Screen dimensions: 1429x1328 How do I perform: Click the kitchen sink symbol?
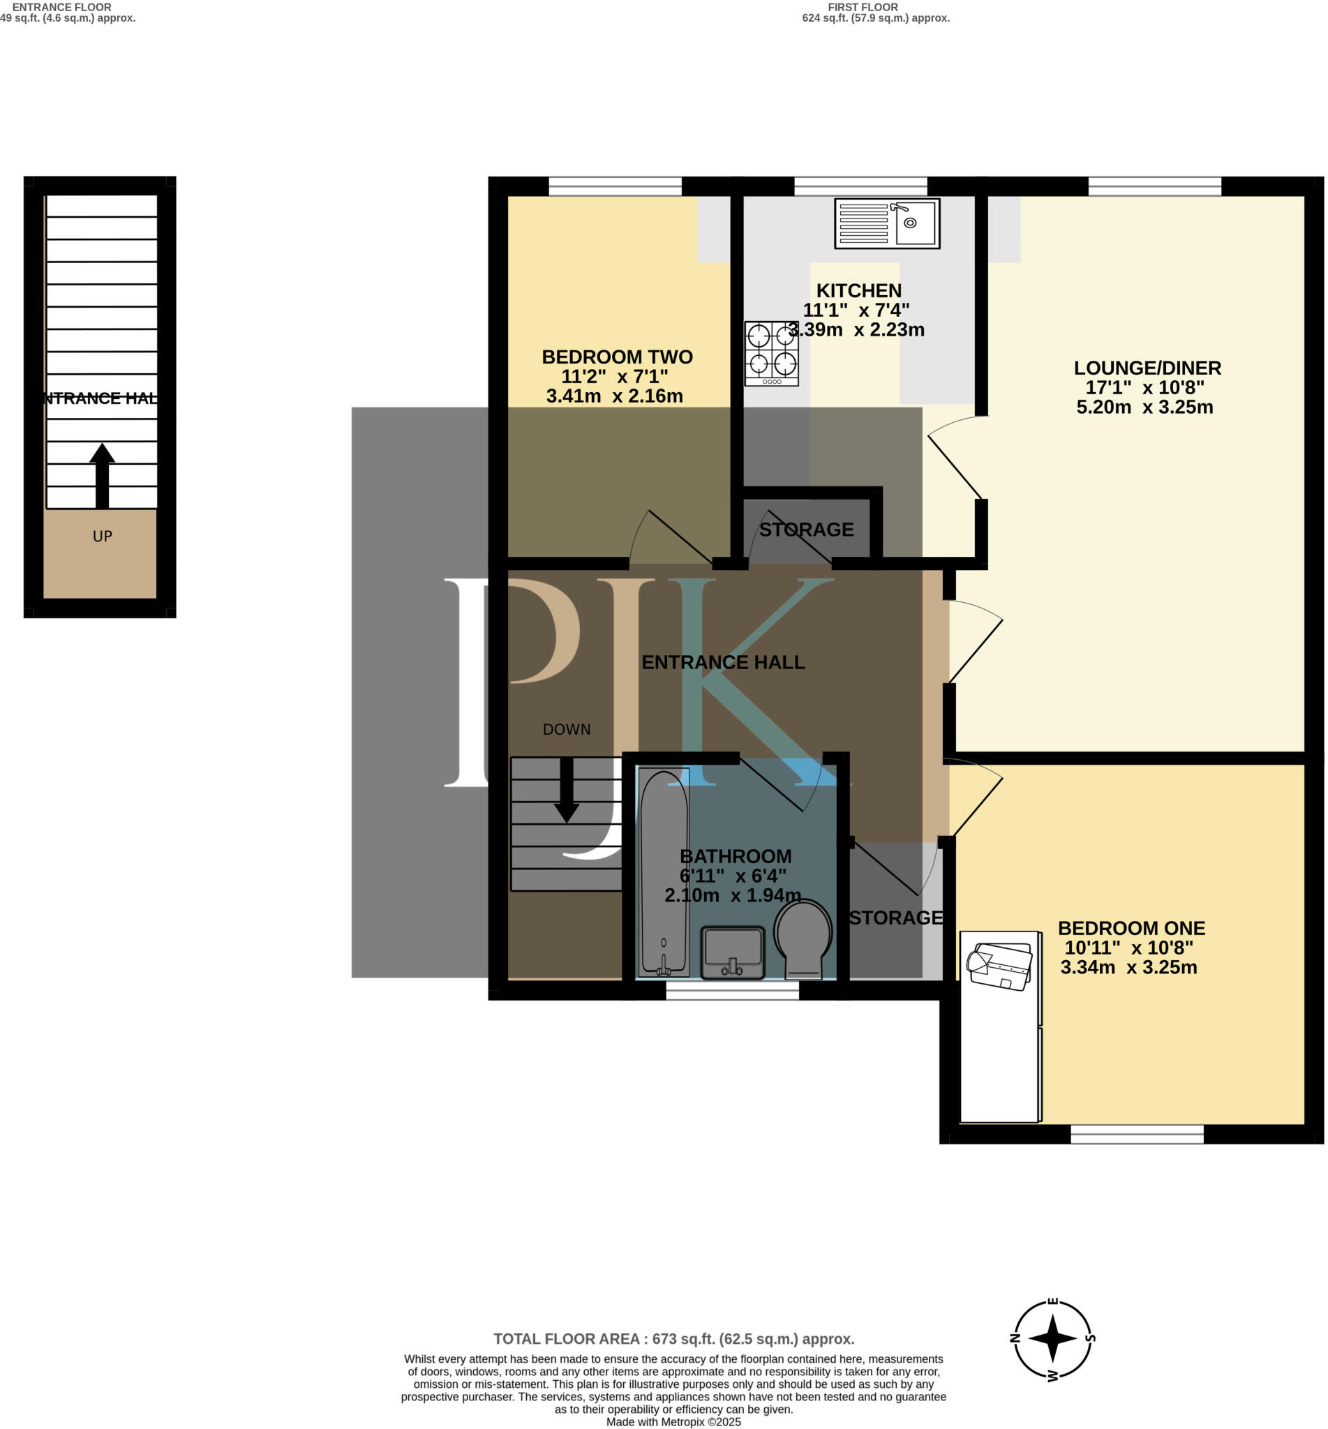tap(887, 224)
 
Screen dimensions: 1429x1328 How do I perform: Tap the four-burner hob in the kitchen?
tap(771, 354)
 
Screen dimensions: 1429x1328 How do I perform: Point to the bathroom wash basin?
tap(732, 952)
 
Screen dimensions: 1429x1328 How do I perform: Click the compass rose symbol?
tap(1052, 1338)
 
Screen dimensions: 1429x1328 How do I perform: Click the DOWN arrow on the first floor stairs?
tap(567, 789)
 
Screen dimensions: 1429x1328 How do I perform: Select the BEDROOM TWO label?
tap(618, 357)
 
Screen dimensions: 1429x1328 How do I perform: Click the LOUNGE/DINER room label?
tap(1147, 368)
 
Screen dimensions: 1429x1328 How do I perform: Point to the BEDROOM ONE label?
tap(1131, 928)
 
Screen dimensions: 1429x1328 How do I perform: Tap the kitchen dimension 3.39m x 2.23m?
tap(856, 330)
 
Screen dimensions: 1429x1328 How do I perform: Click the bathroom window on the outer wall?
tap(732, 991)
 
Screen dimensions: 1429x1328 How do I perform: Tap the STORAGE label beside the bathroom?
tap(895, 918)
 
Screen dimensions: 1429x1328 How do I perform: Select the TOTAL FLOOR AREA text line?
tap(673, 1339)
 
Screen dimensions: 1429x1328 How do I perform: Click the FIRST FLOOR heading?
tap(863, 7)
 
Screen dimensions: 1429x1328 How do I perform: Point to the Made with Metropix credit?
tap(673, 1422)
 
